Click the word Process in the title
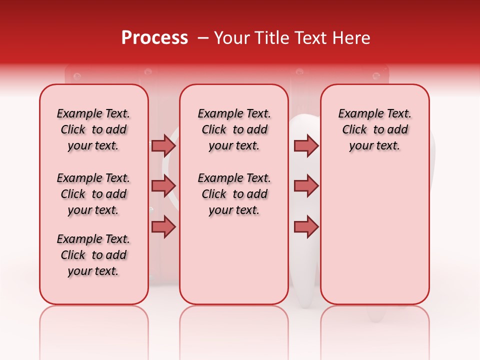pos(154,38)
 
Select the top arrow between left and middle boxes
pos(163,145)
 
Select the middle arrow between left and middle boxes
pos(163,186)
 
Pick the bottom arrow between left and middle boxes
pos(163,226)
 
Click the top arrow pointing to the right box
pos(306,145)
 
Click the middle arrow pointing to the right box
pos(306,186)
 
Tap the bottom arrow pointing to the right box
pos(306,226)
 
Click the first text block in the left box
pos(93,129)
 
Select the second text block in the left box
pos(93,194)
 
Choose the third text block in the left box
pos(93,255)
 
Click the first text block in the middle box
pos(234,129)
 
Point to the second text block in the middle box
pos(234,194)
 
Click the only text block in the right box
pos(375,129)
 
